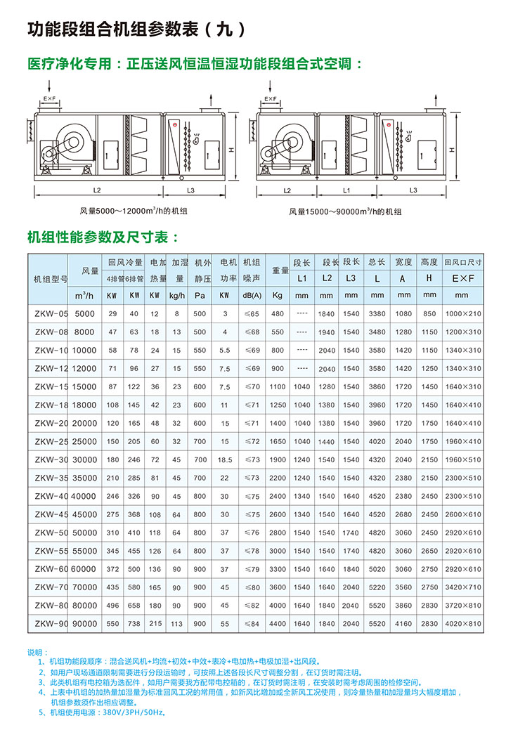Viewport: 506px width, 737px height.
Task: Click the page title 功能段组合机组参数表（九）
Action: coord(136,30)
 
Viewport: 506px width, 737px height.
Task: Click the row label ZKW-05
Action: coord(51,313)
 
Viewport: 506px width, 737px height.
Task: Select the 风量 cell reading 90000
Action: coord(84,623)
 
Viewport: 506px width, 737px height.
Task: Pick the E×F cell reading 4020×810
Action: coord(463,623)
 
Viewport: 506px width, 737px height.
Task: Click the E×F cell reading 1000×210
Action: coord(463,313)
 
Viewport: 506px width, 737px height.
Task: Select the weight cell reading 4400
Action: coord(278,623)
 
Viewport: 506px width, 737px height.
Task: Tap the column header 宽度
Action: coord(404,262)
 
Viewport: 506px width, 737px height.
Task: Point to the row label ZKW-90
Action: coord(51,623)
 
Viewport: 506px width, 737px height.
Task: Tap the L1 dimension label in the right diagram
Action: coord(346,190)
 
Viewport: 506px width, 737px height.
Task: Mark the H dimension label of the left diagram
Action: coord(231,150)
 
